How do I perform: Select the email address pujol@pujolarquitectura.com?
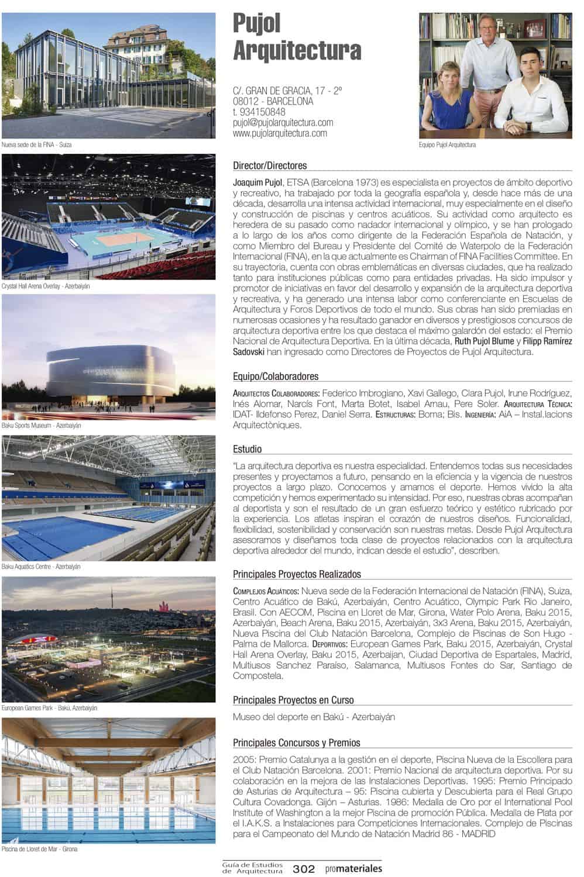pyautogui.click(x=283, y=123)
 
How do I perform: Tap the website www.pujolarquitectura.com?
pyautogui.click(x=280, y=133)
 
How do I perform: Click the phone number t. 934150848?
pyautogui.click(x=259, y=112)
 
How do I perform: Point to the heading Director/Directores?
pyautogui.click(x=270, y=165)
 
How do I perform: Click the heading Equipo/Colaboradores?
pyautogui.click(x=276, y=377)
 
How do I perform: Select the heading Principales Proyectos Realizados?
pyautogui.click(x=297, y=574)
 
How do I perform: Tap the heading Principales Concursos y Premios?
pyautogui.click(x=296, y=743)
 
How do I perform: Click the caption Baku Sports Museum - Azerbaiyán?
pyautogui.click(x=41, y=426)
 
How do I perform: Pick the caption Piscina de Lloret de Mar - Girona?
pyautogui.click(x=39, y=849)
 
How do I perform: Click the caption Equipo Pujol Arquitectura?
pyautogui.click(x=447, y=144)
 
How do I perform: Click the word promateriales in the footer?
pyautogui.click(x=355, y=869)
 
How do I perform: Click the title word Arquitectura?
pyautogui.click(x=297, y=51)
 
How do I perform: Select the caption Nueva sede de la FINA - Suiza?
pyautogui.click(x=36, y=144)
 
